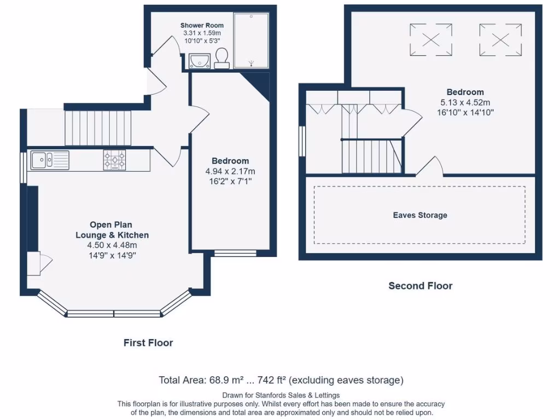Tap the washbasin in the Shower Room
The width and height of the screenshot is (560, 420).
[x=200, y=60]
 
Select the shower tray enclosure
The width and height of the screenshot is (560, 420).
[x=251, y=41]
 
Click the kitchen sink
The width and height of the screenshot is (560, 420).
[x=50, y=160]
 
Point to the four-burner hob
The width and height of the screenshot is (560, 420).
[x=114, y=160]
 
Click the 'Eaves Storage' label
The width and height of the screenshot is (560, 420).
[x=420, y=215]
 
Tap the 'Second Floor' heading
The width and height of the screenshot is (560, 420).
[x=420, y=285]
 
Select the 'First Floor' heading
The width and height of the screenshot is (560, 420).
[x=148, y=343]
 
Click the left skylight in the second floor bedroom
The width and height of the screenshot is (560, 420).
[x=431, y=40]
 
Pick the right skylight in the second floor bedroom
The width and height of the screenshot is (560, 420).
[x=500, y=40]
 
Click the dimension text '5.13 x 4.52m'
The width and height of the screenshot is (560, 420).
[x=465, y=102]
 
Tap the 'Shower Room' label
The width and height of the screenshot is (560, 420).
[x=202, y=25]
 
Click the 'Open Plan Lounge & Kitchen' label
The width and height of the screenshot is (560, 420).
[x=112, y=230]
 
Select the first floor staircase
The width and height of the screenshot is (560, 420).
[x=98, y=127]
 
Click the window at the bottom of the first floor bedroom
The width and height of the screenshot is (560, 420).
[x=235, y=253]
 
